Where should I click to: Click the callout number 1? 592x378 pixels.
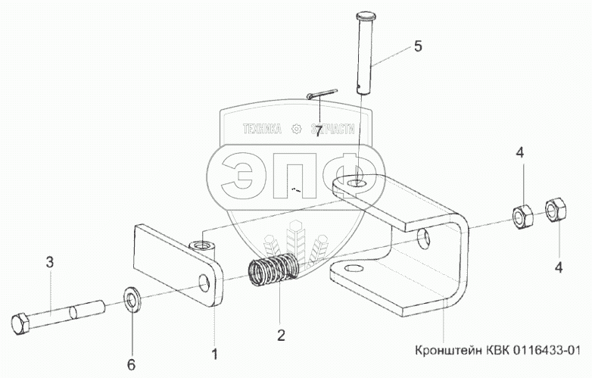[x=215, y=354]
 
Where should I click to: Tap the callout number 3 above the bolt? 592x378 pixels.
[x=50, y=263]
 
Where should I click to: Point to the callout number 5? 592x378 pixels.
[x=416, y=47]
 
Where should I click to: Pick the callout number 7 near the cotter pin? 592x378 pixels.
[x=319, y=130]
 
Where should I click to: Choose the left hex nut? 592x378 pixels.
[x=521, y=217]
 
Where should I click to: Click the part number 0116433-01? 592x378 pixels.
[x=543, y=350]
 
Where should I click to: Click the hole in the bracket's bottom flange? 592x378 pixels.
[x=351, y=270]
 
